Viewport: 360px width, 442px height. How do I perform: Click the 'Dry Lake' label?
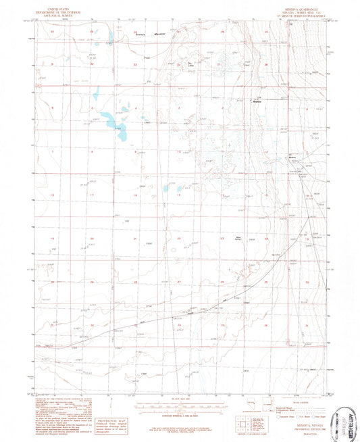coord(191,65)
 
